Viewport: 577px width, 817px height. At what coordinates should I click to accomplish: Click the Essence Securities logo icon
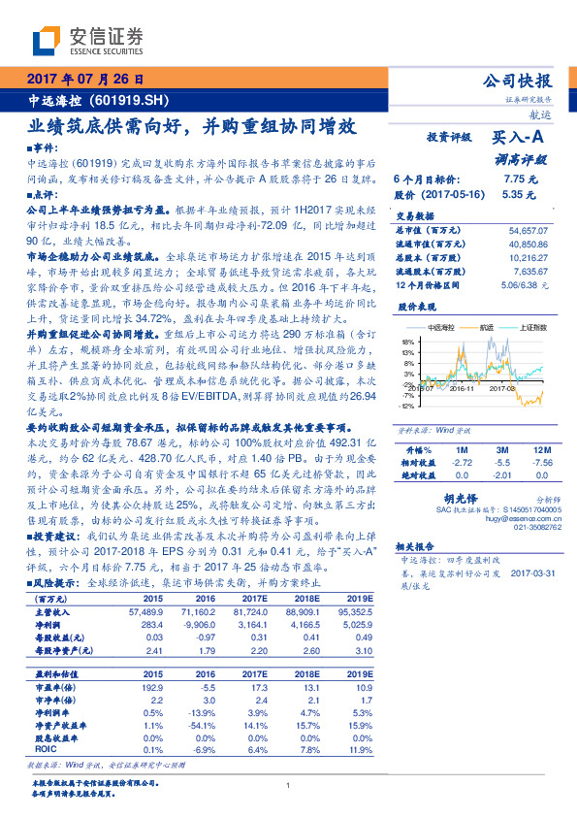pyautogui.click(x=47, y=42)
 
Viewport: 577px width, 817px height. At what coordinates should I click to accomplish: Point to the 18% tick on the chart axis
pyautogui.click(x=407, y=343)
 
